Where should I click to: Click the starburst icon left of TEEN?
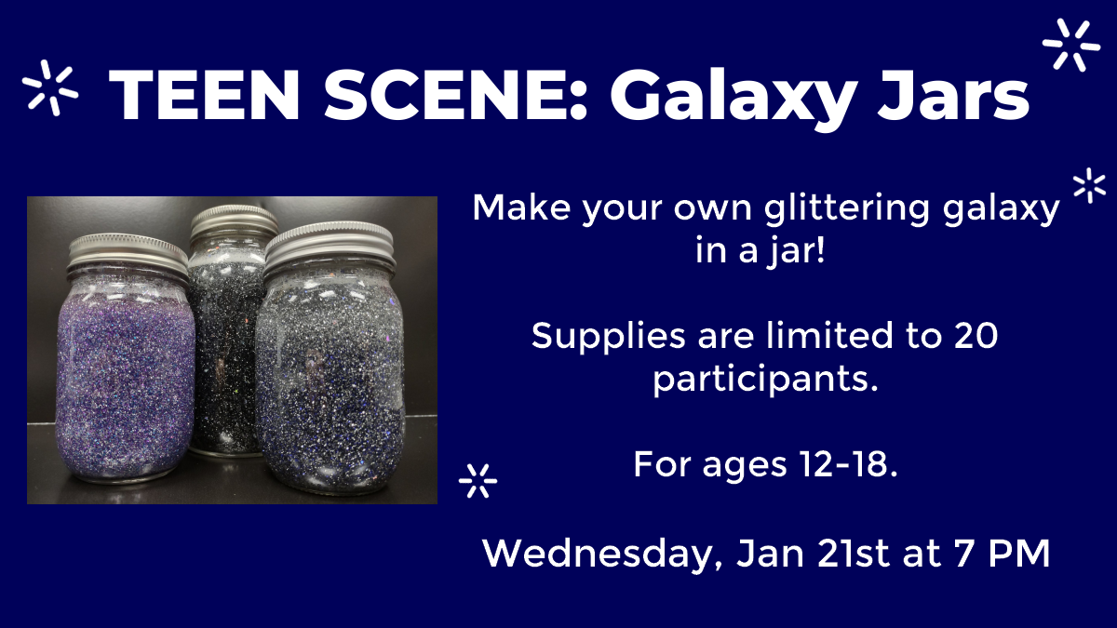51,87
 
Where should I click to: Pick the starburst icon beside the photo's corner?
478,480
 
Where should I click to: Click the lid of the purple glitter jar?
129,248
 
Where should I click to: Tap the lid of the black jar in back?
233,220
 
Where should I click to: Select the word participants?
765,380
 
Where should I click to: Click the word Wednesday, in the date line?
606,555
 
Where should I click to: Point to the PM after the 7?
1020,554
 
